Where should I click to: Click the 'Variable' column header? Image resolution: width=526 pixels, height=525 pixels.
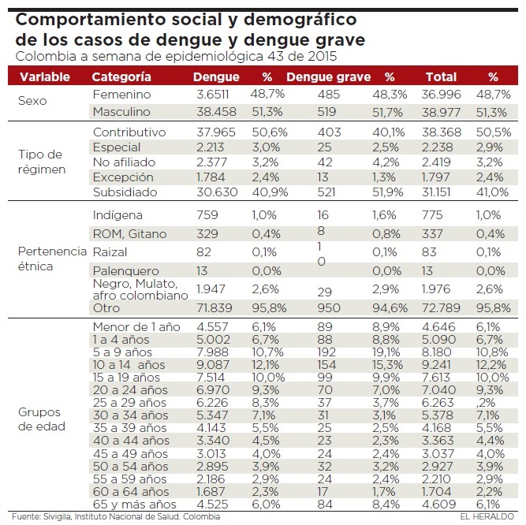point(45,77)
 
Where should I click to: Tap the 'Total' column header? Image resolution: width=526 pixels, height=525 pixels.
point(441,77)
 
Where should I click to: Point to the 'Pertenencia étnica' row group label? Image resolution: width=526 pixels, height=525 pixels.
point(51,258)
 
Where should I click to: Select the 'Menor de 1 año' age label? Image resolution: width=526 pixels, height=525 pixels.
point(136,327)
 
